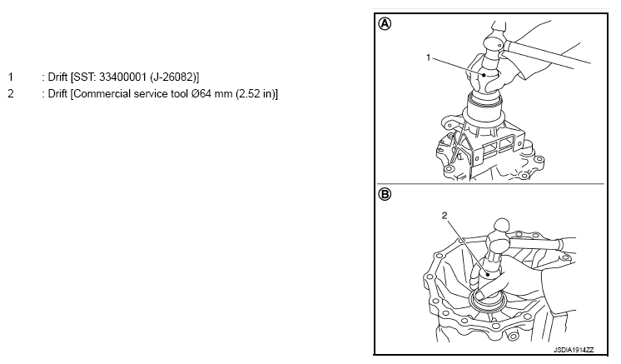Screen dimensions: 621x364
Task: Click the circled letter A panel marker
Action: coord(385,24)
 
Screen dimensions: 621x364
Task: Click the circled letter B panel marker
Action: coord(385,194)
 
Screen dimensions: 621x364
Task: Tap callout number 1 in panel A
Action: coord(428,57)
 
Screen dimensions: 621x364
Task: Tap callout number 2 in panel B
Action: coord(445,216)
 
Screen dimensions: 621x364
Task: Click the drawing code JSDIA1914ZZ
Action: coord(574,350)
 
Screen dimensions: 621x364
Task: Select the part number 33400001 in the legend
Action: coord(122,77)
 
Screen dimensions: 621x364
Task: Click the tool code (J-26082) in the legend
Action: coord(174,77)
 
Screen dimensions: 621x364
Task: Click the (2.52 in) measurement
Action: coord(256,94)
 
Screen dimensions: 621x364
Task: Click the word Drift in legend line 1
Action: coord(57,77)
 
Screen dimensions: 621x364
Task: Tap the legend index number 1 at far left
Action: coord(11,77)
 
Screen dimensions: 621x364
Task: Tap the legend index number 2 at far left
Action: coord(11,94)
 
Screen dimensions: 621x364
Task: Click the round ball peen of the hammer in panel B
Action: coord(502,226)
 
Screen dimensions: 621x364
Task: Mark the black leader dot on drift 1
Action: coord(484,74)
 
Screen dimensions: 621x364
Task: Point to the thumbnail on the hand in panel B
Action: coord(480,295)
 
